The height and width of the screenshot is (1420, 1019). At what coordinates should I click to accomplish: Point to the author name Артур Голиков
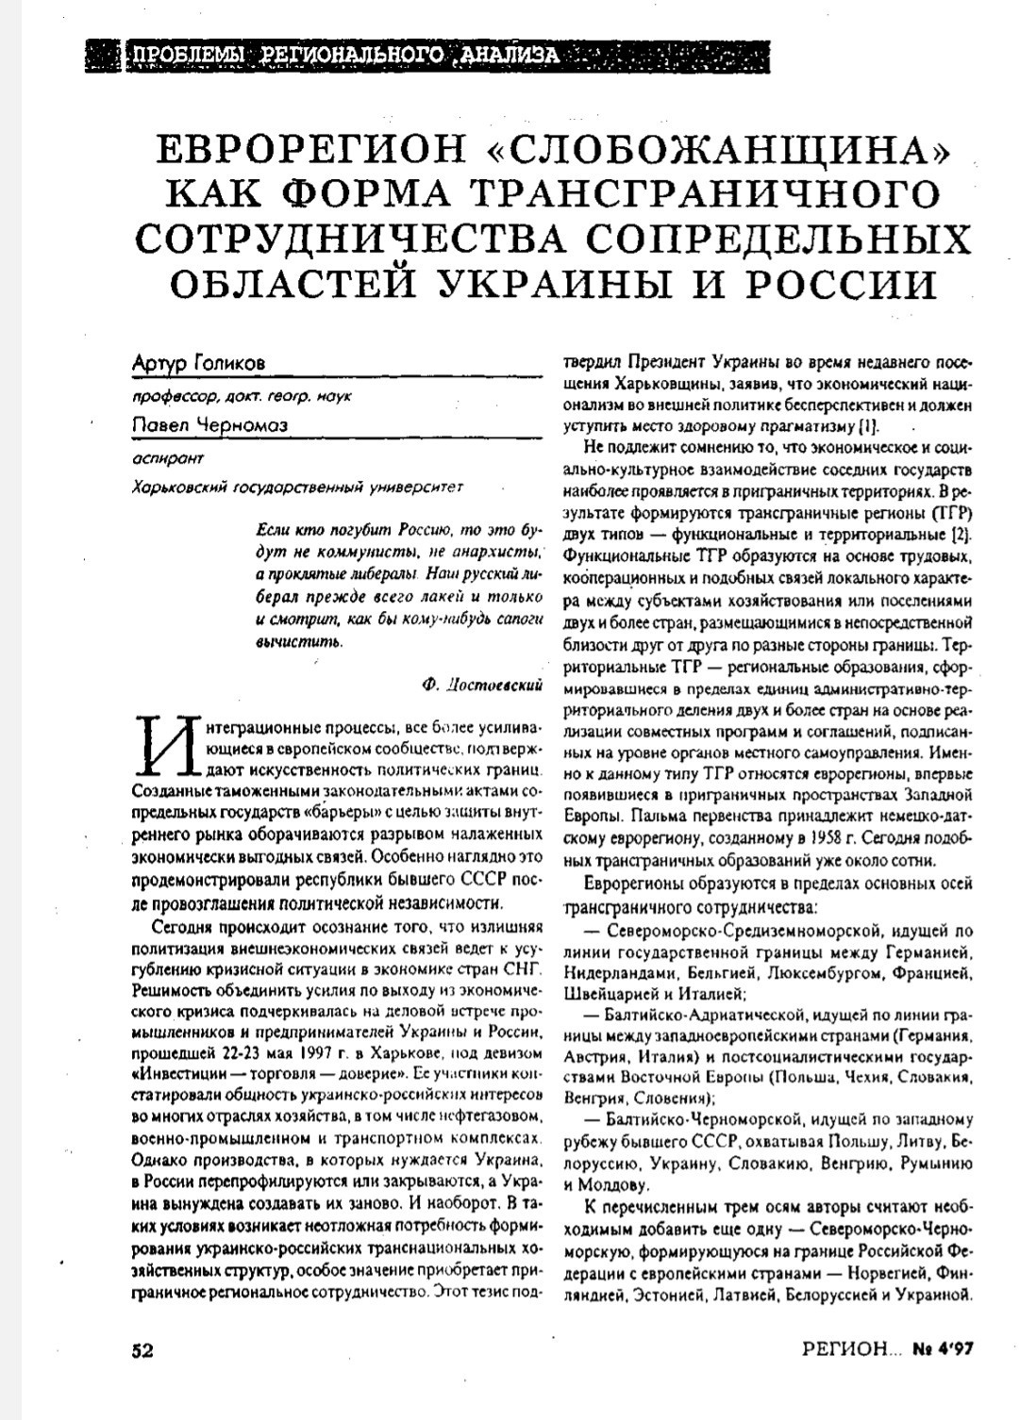click(199, 362)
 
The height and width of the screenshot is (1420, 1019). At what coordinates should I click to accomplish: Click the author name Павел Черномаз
click(209, 426)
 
